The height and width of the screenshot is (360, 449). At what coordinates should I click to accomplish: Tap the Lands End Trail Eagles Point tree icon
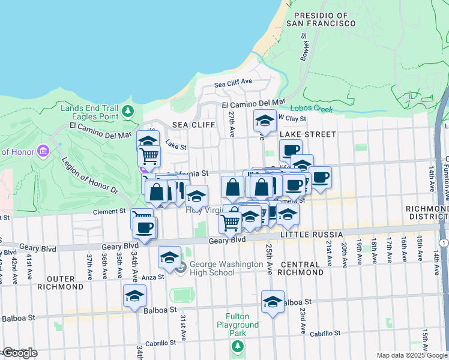pyautogui.click(x=127, y=112)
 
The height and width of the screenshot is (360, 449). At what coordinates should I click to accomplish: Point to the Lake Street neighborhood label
pyautogui.click(x=312, y=134)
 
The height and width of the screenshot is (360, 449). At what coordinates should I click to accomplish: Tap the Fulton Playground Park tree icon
pyautogui.click(x=238, y=346)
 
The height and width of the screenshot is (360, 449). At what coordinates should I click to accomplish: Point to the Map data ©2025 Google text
pyautogui.click(x=412, y=355)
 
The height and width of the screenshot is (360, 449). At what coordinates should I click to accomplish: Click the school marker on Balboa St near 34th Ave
pyautogui.click(x=135, y=296)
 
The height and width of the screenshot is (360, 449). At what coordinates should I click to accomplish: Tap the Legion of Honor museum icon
pyautogui.click(x=43, y=150)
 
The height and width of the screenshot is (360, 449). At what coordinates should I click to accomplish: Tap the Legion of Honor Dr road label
pyautogui.click(x=91, y=176)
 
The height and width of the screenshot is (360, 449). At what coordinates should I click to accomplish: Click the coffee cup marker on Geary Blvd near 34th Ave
pyautogui.click(x=145, y=228)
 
